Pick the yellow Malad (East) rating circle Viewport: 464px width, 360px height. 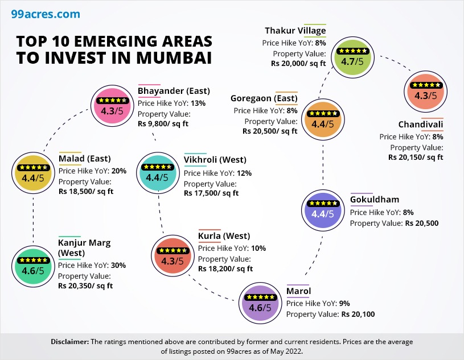[x=32, y=172]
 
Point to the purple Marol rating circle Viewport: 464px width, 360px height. [x=260, y=301]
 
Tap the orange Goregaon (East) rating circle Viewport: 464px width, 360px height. [x=323, y=118]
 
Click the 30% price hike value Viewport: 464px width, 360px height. [x=118, y=265]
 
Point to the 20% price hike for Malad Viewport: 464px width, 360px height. [x=119, y=170]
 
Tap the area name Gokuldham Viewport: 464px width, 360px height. [x=375, y=200]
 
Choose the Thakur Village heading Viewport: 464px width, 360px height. [x=295, y=31]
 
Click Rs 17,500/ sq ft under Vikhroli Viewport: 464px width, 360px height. [x=211, y=193]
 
